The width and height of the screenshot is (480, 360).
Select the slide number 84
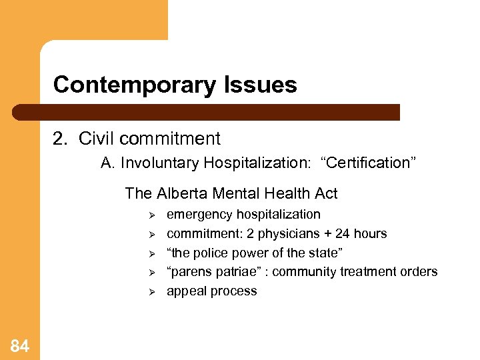click(20, 345)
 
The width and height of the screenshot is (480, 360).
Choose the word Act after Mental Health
click(325, 193)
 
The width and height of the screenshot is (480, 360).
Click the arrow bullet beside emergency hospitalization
click(151, 215)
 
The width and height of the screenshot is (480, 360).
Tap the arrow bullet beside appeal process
click(151, 291)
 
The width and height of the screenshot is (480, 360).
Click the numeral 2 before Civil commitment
click(58, 139)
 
